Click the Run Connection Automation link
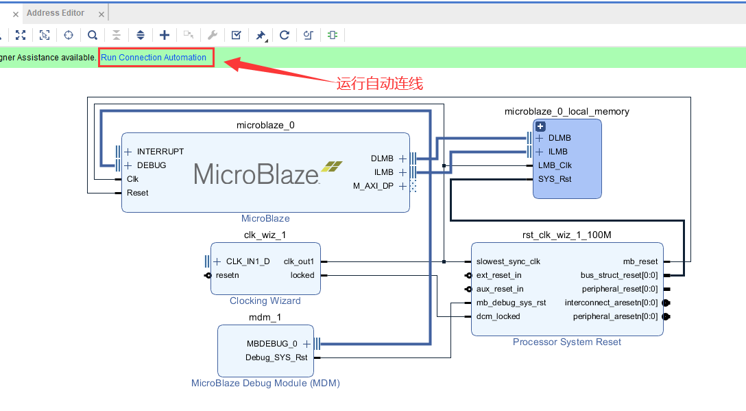[x=154, y=58]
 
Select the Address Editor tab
[x=56, y=13]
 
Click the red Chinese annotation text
[x=379, y=84]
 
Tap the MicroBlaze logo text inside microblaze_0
[x=256, y=173]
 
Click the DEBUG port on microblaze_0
[x=152, y=165]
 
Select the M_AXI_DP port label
[x=374, y=186]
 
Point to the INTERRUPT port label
[x=160, y=152]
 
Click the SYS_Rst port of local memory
[x=555, y=179]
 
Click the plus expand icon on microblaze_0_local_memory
[x=540, y=126]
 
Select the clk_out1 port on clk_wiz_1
[x=299, y=261]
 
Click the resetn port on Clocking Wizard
[x=228, y=275]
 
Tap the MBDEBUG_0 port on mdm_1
[x=272, y=344]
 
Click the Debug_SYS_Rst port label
[x=276, y=357]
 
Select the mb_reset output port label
[x=640, y=261]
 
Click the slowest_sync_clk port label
[x=508, y=261]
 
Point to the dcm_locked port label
[x=498, y=316]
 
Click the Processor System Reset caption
[x=567, y=342]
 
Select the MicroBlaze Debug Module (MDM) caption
[x=265, y=383]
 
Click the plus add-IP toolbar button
[x=165, y=35]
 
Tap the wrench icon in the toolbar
[x=213, y=35]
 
